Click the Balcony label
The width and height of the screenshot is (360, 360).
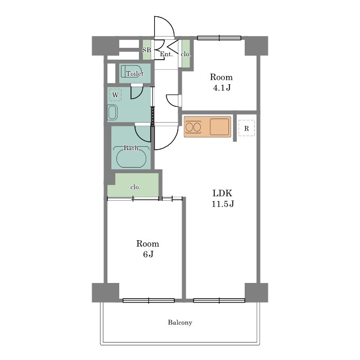[x=180, y=322]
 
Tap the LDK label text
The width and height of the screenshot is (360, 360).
[x=222, y=193]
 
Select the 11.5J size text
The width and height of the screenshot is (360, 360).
[x=223, y=204]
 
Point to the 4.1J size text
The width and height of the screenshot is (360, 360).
[x=222, y=88]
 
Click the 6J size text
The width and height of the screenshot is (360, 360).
[x=148, y=254]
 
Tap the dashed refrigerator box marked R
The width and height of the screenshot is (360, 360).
[x=246, y=128]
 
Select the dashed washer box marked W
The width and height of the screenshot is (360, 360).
[x=115, y=95]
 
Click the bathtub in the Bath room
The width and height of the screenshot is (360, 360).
[x=131, y=159]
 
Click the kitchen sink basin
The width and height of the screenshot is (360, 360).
[x=219, y=127]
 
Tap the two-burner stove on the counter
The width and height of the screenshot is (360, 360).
[x=193, y=127]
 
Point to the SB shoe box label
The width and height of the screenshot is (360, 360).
[x=147, y=50]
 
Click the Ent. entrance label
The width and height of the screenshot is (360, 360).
[x=166, y=54]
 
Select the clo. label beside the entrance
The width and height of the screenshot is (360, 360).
[x=186, y=54]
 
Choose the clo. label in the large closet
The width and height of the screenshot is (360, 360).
[x=135, y=187]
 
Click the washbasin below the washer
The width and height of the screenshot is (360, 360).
[x=112, y=112]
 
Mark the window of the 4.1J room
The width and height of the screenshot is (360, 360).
[x=219, y=38]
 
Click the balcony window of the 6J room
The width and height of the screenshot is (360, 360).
[x=148, y=300]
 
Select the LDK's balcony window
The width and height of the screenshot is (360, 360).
[x=219, y=300]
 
